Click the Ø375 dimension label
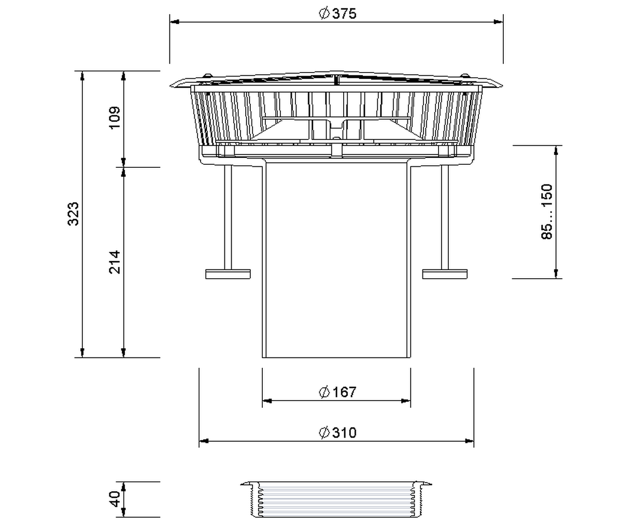(x=337, y=14)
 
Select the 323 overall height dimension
(x=73, y=214)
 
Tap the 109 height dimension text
(x=115, y=118)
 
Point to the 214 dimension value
(x=115, y=262)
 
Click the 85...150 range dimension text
(x=547, y=212)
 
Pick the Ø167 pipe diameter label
(x=337, y=392)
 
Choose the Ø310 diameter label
(x=337, y=433)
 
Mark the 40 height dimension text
(x=115, y=499)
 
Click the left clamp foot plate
(x=228, y=274)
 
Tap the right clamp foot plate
(x=445, y=274)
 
